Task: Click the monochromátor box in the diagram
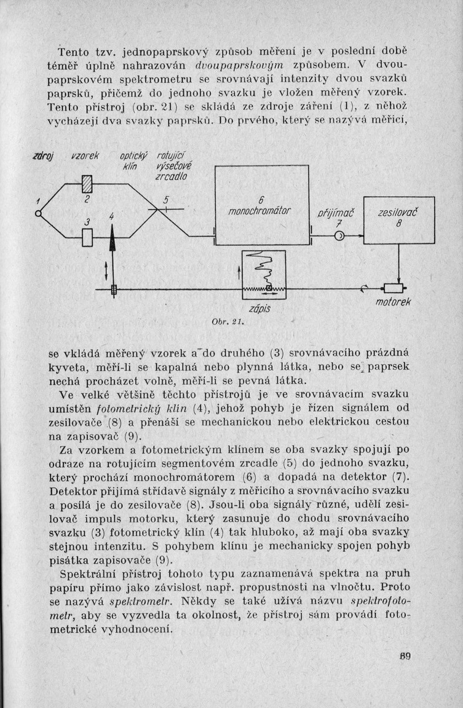pos(261,206)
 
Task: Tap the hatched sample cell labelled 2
pos(87,183)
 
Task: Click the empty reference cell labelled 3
pos(87,237)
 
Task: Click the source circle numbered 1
pos(38,213)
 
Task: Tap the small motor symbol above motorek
pos(391,288)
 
